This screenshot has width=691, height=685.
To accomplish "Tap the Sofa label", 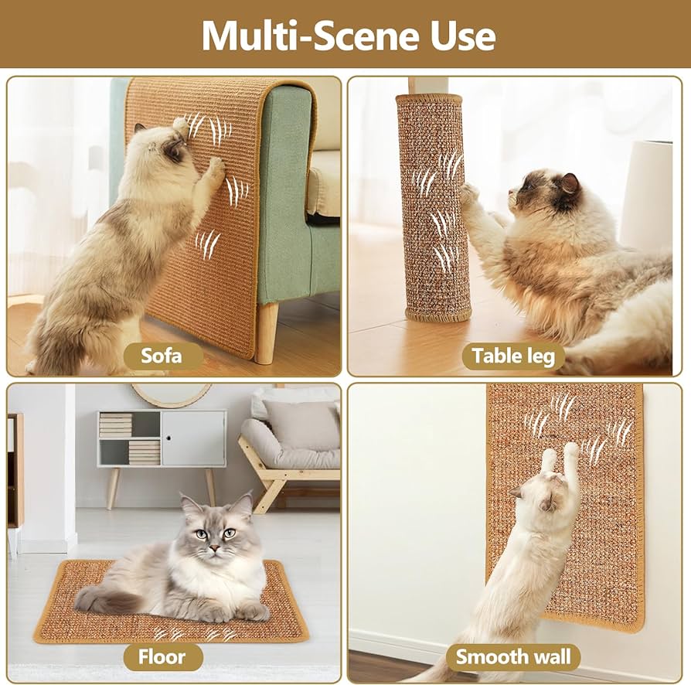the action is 162,356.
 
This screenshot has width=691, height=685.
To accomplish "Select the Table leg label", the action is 513,356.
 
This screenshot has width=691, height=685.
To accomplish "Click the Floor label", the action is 162,657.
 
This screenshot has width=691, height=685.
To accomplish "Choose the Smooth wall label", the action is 513,657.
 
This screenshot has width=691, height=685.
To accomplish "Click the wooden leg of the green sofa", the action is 267,333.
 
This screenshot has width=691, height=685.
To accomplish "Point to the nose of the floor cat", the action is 215,548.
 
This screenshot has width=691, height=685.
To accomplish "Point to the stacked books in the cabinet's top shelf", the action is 115,425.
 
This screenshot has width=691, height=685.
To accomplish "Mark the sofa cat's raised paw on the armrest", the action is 180,124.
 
